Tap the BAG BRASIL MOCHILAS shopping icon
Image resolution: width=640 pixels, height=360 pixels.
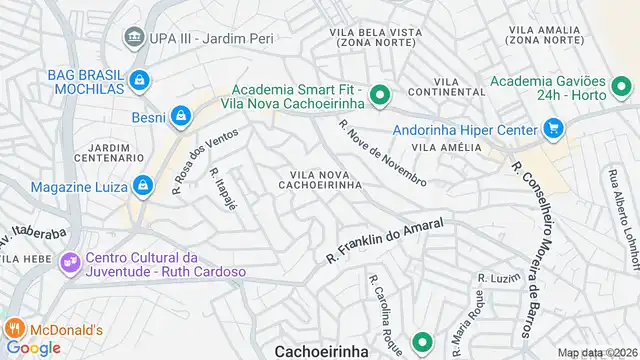tap(140, 79)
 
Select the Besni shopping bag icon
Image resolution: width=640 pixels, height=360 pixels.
tap(181, 116)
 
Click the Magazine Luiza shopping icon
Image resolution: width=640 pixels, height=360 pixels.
tap(144, 186)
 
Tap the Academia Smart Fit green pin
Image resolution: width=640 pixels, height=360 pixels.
tap(379, 96)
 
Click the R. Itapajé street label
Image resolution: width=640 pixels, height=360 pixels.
tap(223, 188)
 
